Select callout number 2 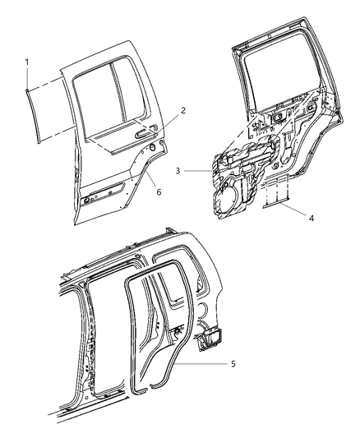click(x=183, y=110)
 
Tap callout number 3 click(x=178, y=171)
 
